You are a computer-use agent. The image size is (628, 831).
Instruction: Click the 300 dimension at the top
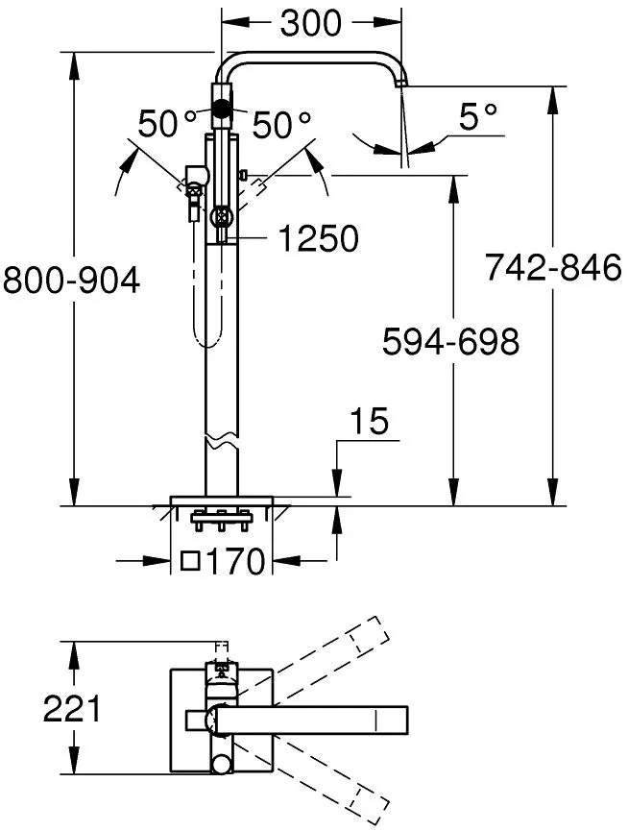click(311, 23)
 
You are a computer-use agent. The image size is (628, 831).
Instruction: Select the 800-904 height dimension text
click(71, 281)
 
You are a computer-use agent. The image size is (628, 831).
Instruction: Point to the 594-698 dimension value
click(450, 341)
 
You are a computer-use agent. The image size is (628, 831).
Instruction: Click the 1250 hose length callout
click(318, 238)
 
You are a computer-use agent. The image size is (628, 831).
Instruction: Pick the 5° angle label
click(478, 116)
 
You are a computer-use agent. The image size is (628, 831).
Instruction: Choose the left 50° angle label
click(167, 124)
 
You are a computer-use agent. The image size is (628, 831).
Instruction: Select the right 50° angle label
click(281, 125)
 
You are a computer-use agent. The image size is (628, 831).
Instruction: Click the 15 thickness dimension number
click(370, 422)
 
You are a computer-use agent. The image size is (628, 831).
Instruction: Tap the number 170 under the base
click(235, 562)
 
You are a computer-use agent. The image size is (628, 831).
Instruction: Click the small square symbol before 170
click(190, 560)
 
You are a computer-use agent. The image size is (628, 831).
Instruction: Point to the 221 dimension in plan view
click(71, 709)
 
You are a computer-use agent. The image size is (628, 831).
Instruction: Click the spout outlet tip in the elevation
click(401, 83)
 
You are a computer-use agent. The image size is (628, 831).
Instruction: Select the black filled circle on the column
click(221, 110)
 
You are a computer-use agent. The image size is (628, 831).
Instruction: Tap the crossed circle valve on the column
click(221, 218)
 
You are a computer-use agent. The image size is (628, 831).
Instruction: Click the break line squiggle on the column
click(221, 439)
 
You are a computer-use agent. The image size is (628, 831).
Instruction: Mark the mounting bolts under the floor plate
click(221, 520)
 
